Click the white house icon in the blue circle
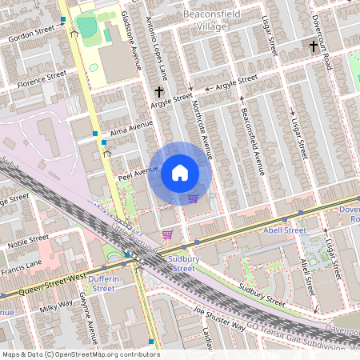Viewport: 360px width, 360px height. click(x=180, y=173)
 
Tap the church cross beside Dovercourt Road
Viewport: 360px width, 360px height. click(x=313, y=46)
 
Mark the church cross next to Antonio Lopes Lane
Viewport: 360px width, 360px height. click(x=159, y=93)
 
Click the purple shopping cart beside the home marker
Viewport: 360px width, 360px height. click(x=193, y=198)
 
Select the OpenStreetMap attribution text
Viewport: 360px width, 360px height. click(x=80, y=354)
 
